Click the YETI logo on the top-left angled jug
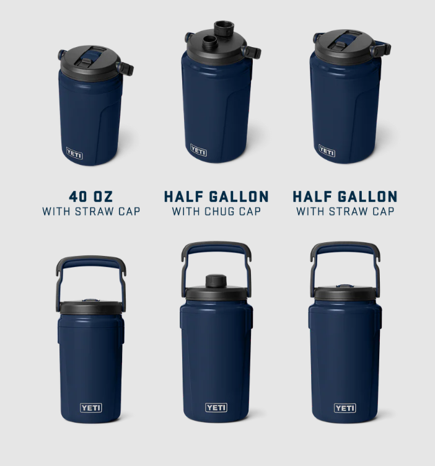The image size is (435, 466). point(74,153)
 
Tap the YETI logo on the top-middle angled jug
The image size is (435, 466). point(198,150)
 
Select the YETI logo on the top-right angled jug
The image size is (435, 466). point(327,151)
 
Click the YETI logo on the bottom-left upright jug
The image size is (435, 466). point(91,408)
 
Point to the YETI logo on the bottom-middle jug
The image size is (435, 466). point(216,408)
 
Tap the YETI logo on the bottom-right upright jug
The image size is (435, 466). point(345,408)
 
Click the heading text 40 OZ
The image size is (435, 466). point(91,196)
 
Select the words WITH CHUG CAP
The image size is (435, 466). point(216,211)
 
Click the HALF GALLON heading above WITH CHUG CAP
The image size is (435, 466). point(216,196)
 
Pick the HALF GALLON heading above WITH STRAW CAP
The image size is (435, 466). point(345,196)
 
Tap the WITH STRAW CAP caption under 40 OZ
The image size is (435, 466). point(91,211)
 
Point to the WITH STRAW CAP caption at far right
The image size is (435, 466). point(345,211)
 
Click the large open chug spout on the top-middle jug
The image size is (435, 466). point(224,29)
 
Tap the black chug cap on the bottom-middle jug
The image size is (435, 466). point(216,281)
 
